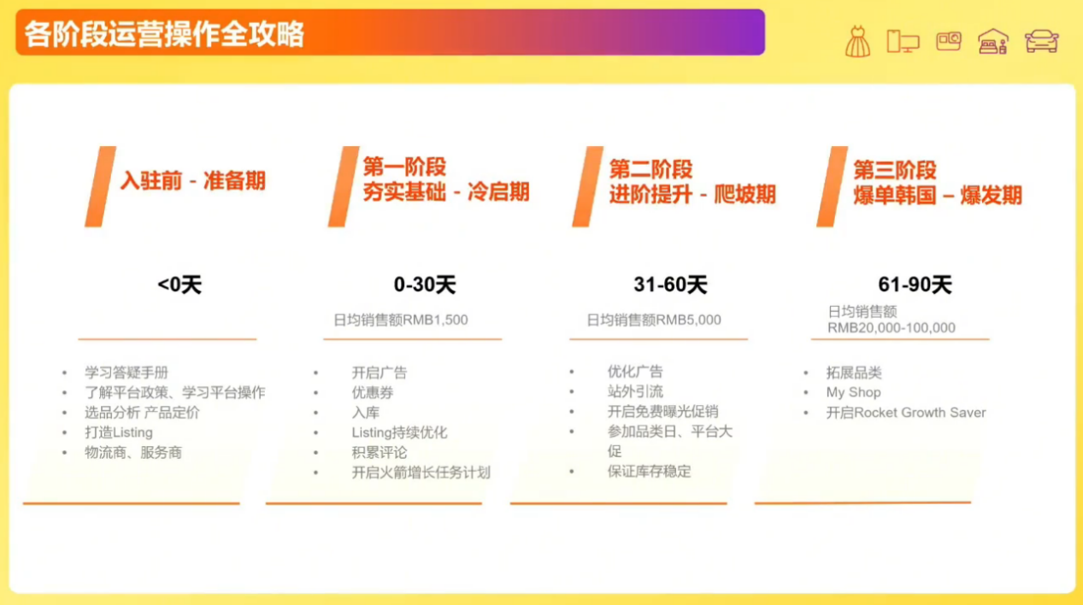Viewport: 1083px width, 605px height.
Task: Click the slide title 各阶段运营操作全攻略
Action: coord(164,34)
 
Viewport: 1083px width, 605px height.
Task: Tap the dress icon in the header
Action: coord(856,41)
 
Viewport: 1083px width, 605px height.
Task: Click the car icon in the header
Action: coord(1041,41)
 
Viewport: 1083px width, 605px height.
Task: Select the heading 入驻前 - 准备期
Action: coord(192,181)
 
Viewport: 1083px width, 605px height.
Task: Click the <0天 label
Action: coord(180,285)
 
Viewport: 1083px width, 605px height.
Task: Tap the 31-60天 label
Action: coord(670,285)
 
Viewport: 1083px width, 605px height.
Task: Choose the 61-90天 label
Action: coord(915,285)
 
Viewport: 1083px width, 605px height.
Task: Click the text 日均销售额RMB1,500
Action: coord(401,320)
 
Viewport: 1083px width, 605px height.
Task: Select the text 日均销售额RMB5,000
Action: coord(654,320)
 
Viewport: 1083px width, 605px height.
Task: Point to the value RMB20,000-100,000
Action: coord(892,328)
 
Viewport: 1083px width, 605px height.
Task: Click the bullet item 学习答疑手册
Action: coord(127,373)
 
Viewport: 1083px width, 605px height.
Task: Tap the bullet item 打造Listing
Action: coord(119,432)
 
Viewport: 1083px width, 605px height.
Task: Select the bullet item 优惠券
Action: coord(373,393)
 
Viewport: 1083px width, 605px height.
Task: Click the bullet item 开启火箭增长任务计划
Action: coord(421,473)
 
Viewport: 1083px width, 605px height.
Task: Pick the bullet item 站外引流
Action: coord(635,392)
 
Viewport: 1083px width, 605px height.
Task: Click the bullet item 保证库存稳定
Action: coord(649,471)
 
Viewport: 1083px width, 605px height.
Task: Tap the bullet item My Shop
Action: coord(853,393)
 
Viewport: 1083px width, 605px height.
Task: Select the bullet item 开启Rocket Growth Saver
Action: coord(906,413)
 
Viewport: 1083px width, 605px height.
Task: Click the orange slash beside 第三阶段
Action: coord(831,187)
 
